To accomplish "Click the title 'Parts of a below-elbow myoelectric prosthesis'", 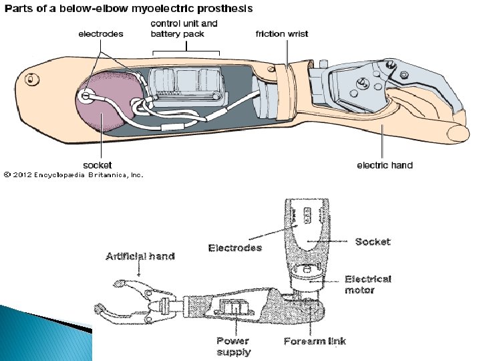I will [129, 9].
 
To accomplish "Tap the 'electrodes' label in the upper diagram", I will [101, 34].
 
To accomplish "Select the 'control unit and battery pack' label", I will [184, 29].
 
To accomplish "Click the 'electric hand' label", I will [385, 164].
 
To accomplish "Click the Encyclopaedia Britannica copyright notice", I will [73, 175].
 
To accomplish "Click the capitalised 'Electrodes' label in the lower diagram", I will [235, 248].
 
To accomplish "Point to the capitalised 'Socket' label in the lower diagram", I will [373, 241].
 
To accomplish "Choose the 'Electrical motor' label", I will [367, 284].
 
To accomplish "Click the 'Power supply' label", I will [233, 346].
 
